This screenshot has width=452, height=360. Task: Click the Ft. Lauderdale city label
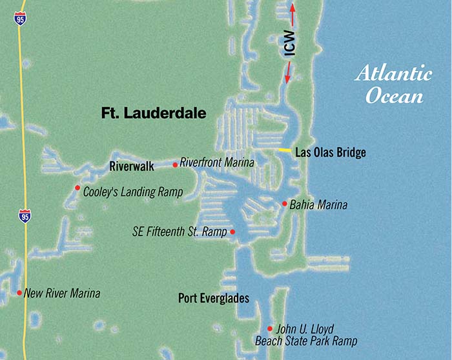154,114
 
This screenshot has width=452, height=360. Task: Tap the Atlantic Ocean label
393,85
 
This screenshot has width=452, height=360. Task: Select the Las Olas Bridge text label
330,153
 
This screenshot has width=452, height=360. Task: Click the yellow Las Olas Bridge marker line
285,150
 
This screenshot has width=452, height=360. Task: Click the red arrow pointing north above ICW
292,14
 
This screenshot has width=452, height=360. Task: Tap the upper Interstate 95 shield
21,17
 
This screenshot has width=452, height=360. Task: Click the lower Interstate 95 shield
25,215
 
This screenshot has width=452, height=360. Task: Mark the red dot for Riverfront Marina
175,165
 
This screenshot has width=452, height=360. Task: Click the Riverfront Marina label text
217,162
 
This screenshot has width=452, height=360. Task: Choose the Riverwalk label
132,166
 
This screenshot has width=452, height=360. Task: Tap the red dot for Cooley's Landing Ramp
78,189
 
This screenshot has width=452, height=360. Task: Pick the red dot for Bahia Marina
284,204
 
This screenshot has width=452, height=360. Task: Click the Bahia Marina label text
318,205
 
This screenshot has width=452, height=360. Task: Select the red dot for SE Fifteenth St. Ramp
232,232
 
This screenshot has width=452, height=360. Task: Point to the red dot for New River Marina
19,292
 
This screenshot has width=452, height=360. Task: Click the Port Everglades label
213,298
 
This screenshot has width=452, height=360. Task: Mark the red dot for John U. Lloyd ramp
270,328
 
